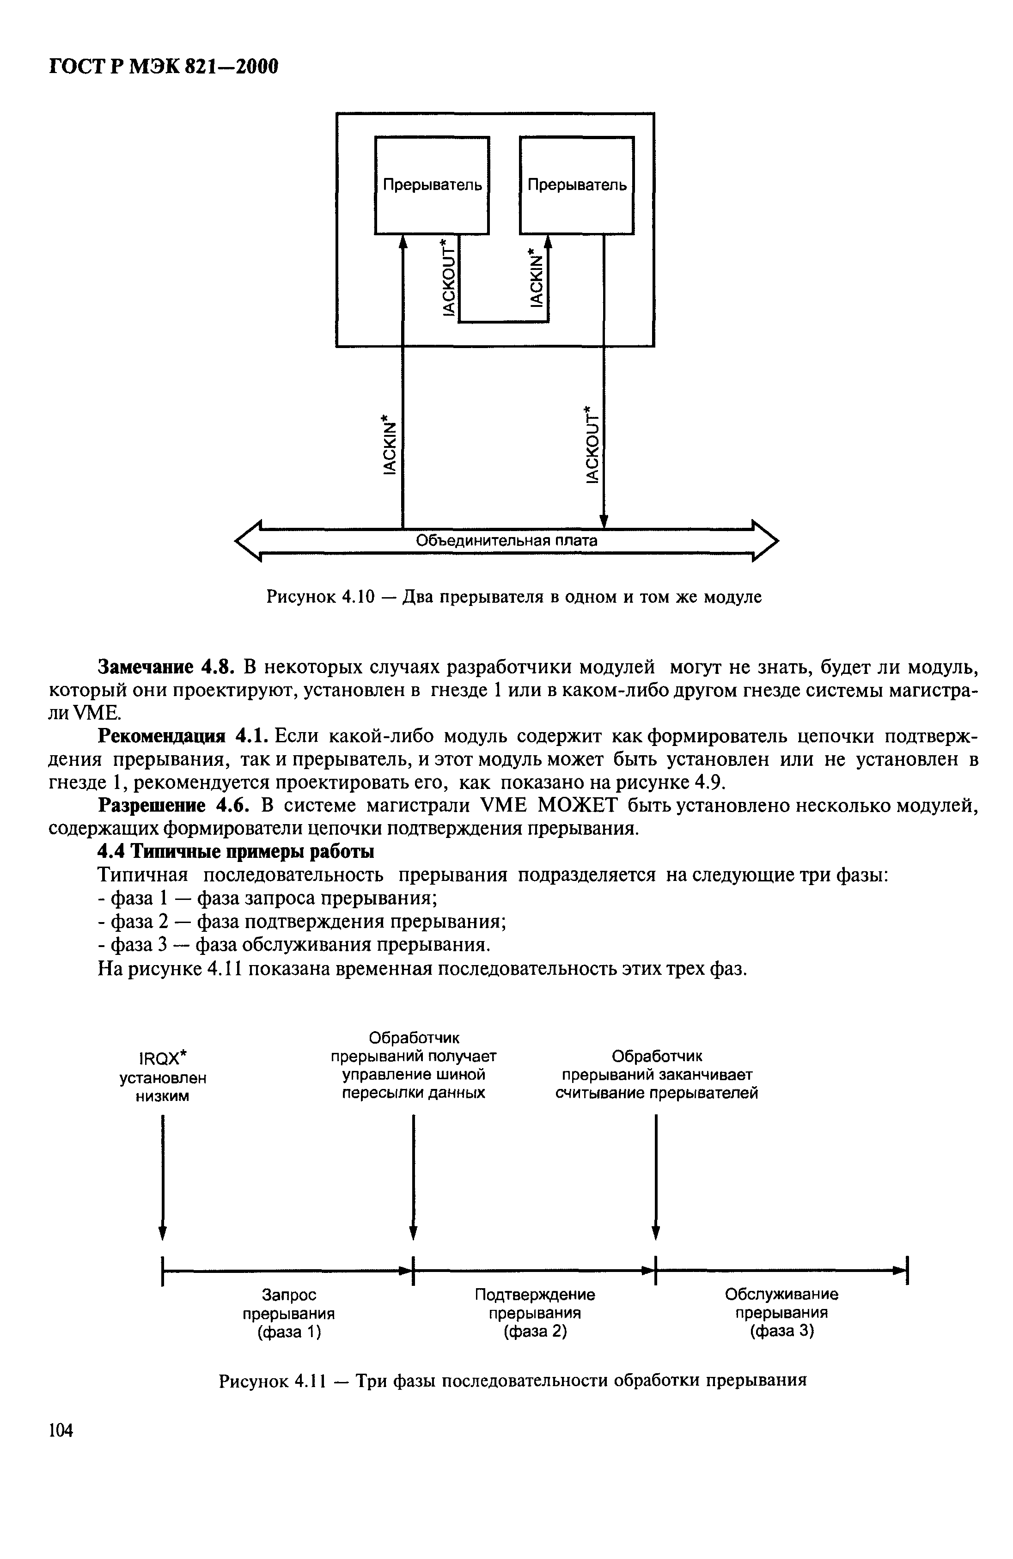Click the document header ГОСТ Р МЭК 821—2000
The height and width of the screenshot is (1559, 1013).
coord(164,67)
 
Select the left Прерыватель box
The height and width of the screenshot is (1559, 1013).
coord(432,185)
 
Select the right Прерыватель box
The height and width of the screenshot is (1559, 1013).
coord(576,185)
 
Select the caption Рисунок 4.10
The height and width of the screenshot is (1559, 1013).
coord(513,598)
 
